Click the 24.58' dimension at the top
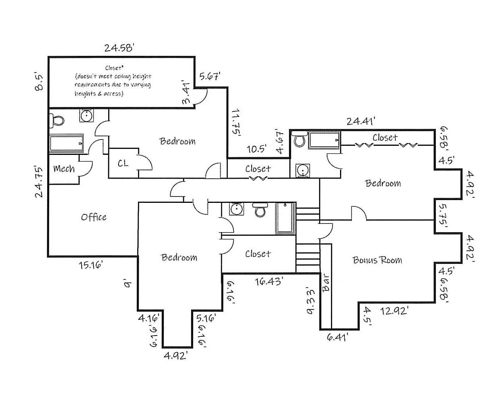[119, 48]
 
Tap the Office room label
[94, 217]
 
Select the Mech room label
[64, 169]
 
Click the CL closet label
[123, 163]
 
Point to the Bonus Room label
[377, 260]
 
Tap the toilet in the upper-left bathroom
[57, 120]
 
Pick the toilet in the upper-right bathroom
[299, 140]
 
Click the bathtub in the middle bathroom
[286, 218]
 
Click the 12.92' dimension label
[394, 311]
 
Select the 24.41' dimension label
[361, 121]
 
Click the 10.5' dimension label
[256, 149]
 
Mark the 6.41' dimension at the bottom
[338, 337]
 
